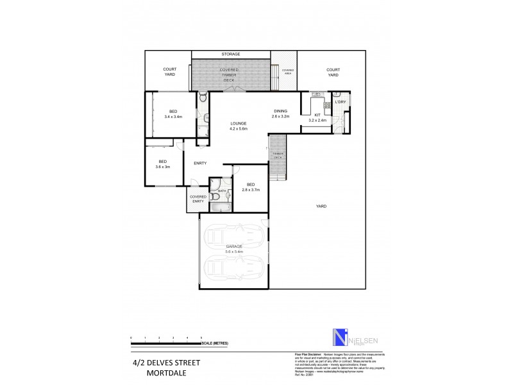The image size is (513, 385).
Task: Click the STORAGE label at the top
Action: pos(231,55)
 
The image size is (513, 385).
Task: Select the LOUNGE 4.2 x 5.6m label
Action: pos(238,126)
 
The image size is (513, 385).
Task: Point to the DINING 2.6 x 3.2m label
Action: pos(280,114)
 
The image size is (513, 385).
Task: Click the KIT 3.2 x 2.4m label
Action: pos(317,117)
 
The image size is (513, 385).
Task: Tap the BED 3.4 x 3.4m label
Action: pos(173,114)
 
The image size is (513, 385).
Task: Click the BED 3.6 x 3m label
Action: pos(163,164)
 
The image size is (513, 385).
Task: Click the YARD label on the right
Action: pos(321,206)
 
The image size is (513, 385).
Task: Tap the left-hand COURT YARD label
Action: pos(169,72)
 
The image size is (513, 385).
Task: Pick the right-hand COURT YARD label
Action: pos(333,72)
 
